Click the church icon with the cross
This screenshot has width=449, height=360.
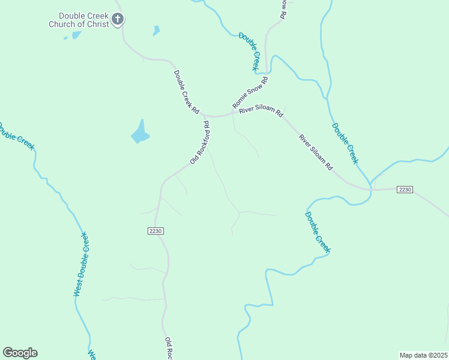[x=118, y=19]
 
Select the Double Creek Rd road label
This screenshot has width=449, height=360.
[x=186, y=92]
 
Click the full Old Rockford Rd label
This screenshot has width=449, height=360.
[x=199, y=143]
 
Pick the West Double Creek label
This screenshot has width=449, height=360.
[x=81, y=264]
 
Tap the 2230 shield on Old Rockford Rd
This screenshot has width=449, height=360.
[x=155, y=230]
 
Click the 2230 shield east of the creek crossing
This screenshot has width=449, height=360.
[x=405, y=190]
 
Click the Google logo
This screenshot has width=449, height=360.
[x=20, y=353]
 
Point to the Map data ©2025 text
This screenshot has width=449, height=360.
[x=423, y=355]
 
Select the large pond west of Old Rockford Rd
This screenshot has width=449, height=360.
[x=140, y=133]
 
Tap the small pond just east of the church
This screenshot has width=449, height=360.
[x=156, y=30]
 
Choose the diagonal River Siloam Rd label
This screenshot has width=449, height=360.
[x=316, y=152]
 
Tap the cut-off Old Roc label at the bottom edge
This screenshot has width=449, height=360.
[x=169, y=348]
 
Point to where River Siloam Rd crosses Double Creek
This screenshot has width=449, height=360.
[x=371, y=188]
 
